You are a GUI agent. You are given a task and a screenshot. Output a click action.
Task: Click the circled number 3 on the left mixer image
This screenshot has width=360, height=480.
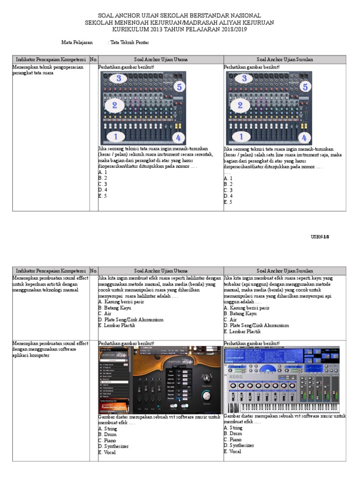pos(119,78)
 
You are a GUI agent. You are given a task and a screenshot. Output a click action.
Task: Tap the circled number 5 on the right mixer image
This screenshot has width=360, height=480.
pos(305,87)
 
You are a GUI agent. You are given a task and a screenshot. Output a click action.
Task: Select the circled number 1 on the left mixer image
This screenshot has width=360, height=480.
pos(115,137)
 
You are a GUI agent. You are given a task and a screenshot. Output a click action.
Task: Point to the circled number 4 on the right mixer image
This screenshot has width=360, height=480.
pos(304,138)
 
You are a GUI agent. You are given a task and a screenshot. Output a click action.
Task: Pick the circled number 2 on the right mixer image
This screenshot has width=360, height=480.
pos(240,105)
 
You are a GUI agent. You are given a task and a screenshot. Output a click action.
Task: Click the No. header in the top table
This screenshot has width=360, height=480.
pos(94,60)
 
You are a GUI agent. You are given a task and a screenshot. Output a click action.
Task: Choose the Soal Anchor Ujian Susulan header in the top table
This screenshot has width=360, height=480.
pos(285,60)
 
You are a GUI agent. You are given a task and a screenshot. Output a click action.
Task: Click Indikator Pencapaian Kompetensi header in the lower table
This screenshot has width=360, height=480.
pos(51,271)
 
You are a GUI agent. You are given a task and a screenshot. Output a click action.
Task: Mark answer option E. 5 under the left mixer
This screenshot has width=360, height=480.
pos(103,196)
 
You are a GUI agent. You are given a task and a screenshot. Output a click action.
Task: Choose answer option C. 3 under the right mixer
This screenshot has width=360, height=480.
pos(228,190)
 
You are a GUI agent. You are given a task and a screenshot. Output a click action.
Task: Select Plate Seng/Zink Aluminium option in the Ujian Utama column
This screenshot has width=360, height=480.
pos(131,320)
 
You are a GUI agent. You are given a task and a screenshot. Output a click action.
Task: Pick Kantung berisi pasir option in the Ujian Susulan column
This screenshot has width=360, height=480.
pos(246,308)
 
